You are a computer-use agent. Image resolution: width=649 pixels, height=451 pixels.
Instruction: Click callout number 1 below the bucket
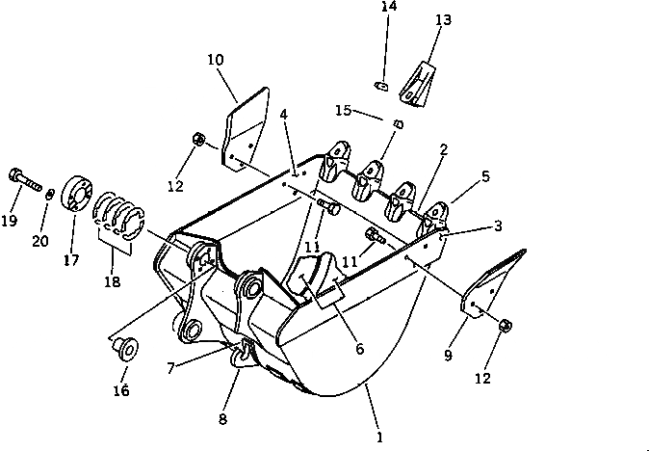pyautogui.click(x=379, y=438)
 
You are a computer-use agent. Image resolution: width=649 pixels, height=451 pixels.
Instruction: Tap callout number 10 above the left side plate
pyautogui.click(x=215, y=60)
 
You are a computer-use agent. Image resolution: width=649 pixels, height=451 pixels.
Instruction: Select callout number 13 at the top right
pyautogui.click(x=442, y=19)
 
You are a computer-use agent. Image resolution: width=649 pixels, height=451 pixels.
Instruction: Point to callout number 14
pyautogui.click(x=388, y=6)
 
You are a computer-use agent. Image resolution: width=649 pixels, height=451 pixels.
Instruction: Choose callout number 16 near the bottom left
pyautogui.click(x=121, y=390)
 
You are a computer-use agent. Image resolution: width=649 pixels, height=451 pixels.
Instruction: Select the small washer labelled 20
pyautogui.click(x=49, y=194)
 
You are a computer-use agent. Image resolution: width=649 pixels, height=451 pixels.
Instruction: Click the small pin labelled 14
pyautogui.click(x=382, y=86)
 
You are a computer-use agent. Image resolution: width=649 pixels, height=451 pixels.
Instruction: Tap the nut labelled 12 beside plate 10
pyautogui.click(x=196, y=141)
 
